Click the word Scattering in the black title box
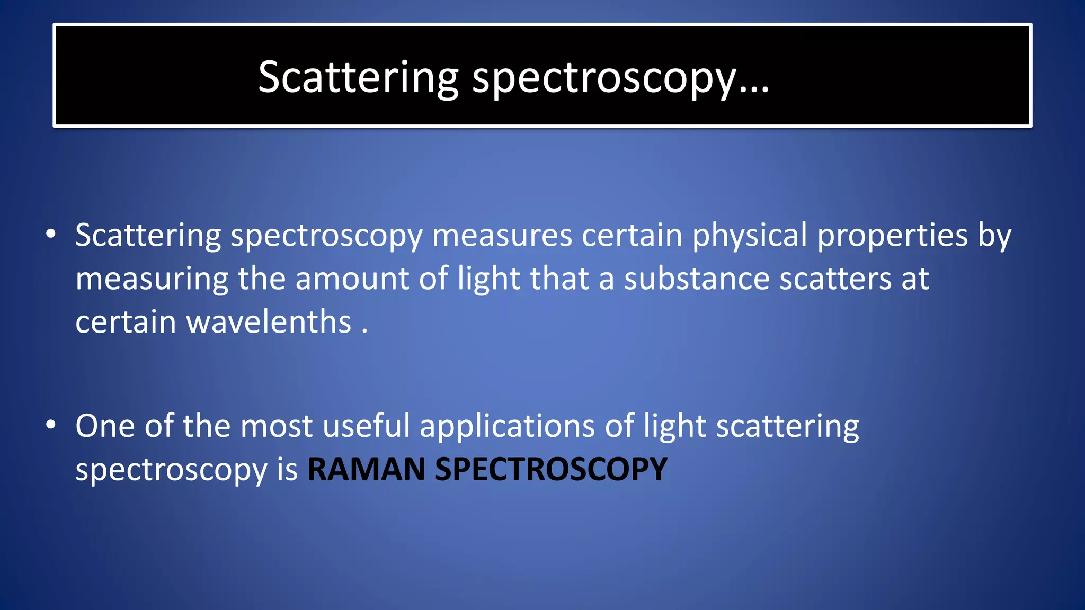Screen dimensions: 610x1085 (x=358, y=77)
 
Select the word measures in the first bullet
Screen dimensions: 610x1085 (x=502, y=235)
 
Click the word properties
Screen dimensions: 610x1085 (x=893, y=235)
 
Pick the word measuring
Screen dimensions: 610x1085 (x=152, y=279)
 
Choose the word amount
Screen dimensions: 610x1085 (x=352, y=279)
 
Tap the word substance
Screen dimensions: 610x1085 (x=697, y=279)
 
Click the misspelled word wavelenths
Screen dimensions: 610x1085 (x=269, y=322)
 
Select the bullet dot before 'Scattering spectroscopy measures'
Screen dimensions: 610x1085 (x=50, y=234)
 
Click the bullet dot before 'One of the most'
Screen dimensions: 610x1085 (x=50, y=425)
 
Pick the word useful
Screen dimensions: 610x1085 (x=366, y=426)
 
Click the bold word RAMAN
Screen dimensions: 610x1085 (x=366, y=469)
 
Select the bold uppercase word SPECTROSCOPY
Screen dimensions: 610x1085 (x=551, y=469)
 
